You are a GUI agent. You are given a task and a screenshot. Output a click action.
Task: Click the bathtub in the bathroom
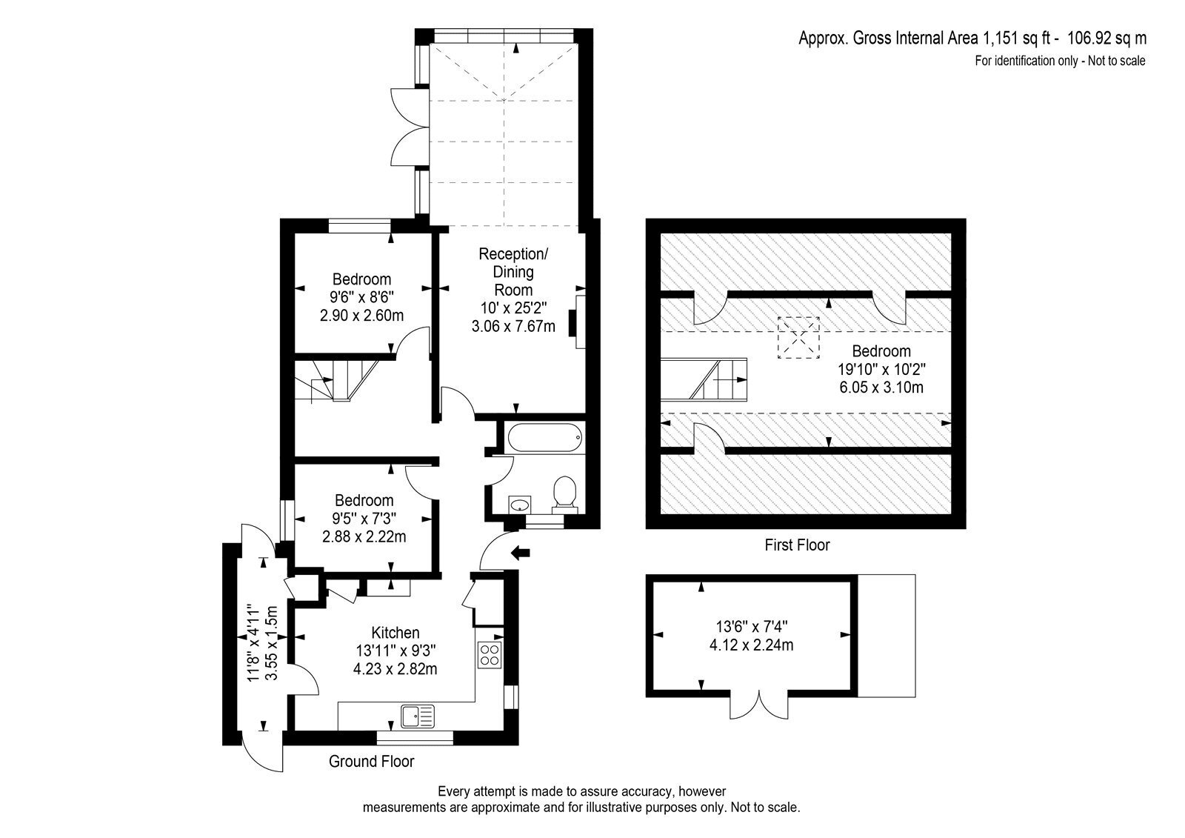(x=545, y=437)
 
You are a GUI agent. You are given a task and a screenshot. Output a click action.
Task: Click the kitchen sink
(x=418, y=716)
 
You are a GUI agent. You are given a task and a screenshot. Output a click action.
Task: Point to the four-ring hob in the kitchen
(x=490, y=655)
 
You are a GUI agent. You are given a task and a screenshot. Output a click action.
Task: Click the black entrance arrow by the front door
(x=521, y=553)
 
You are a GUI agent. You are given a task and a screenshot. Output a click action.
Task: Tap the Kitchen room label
(x=395, y=633)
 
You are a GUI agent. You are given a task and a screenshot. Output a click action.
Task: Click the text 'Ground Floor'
(x=371, y=761)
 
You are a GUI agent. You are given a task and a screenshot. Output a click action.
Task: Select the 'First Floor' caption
(x=797, y=545)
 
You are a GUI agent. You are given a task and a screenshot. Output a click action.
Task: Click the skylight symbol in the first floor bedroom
(x=798, y=338)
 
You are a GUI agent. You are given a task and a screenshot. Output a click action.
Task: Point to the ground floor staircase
(x=336, y=381)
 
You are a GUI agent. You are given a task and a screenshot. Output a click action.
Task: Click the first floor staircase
(x=704, y=379)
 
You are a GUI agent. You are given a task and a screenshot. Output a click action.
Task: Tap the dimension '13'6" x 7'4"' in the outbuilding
(x=752, y=626)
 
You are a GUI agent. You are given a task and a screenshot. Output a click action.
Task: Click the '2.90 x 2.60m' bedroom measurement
(x=362, y=316)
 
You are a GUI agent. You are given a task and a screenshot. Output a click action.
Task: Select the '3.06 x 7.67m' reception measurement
(x=513, y=326)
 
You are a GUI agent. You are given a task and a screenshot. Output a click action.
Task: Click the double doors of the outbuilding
(x=759, y=704)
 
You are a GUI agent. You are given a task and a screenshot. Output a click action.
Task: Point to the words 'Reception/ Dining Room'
(x=513, y=272)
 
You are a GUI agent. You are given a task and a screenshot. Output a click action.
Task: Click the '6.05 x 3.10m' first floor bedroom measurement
(x=881, y=387)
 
